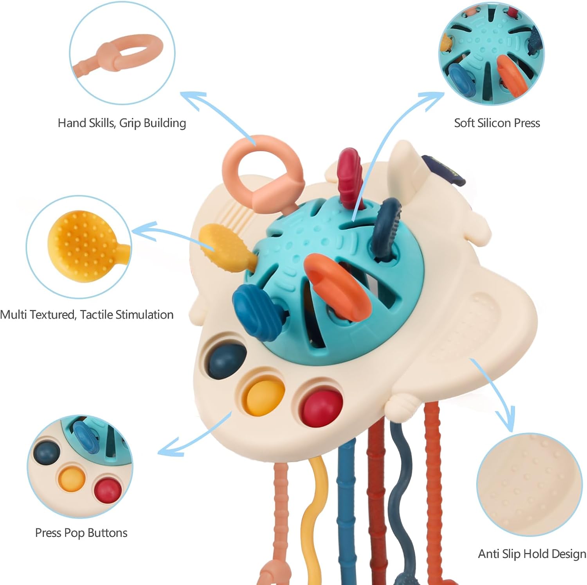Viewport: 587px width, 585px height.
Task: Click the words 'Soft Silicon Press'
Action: pyautogui.click(x=497, y=123)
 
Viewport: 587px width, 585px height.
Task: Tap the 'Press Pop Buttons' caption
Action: pyautogui.click(x=81, y=533)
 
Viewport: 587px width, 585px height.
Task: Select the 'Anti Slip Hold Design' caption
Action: pyautogui.click(x=532, y=554)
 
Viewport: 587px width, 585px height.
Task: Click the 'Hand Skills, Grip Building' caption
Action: pyautogui.click(x=122, y=123)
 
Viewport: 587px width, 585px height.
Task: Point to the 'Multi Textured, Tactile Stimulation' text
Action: pyautogui.click(x=86, y=315)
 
